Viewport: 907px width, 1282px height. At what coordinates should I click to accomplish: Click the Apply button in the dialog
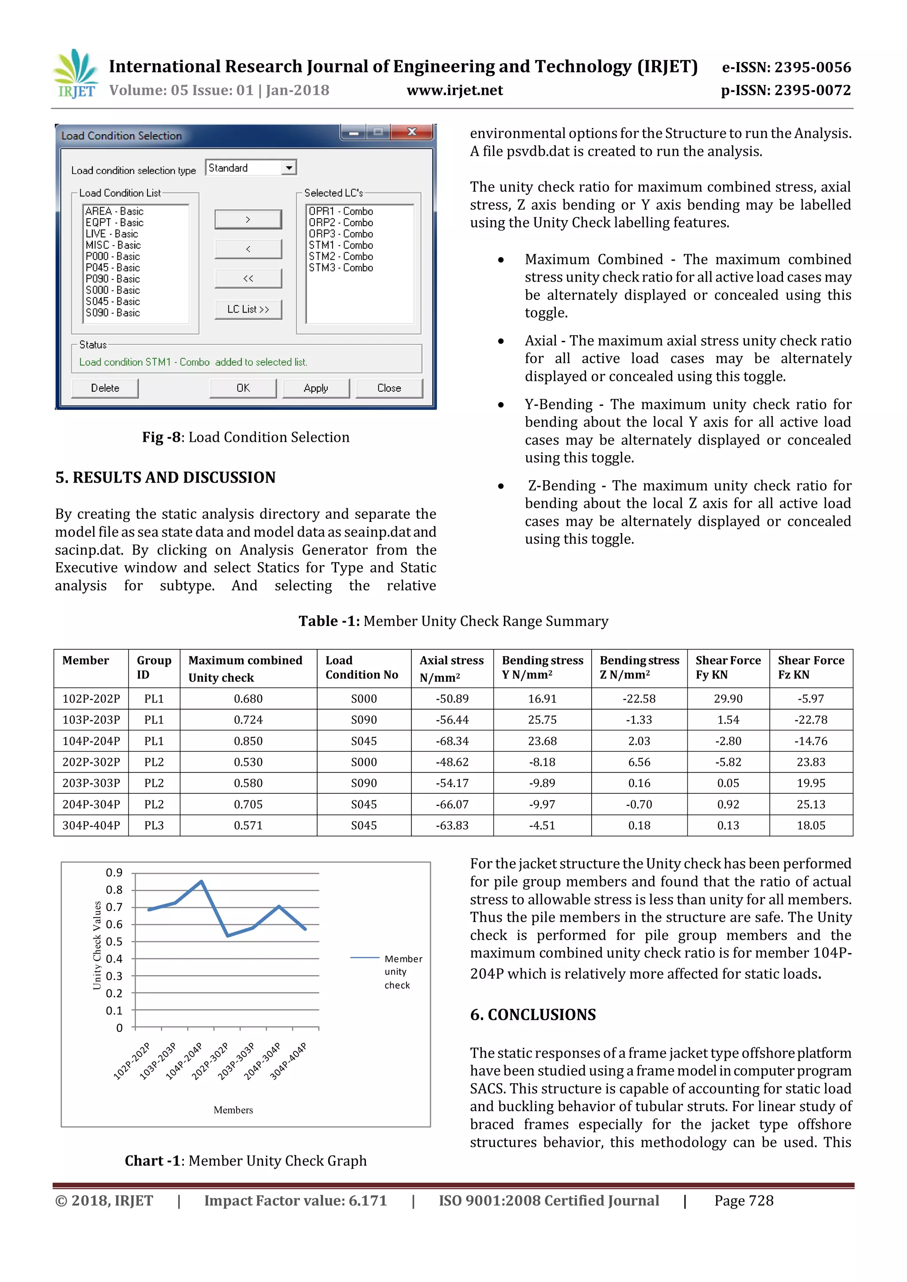click(x=316, y=388)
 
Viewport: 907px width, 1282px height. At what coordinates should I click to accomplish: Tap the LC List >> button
click(x=248, y=309)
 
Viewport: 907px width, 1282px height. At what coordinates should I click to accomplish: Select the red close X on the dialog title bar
click(x=412, y=132)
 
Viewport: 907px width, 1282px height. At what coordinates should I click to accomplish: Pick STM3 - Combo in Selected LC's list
click(x=341, y=268)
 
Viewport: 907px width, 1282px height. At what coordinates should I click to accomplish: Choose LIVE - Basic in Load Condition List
click(x=111, y=234)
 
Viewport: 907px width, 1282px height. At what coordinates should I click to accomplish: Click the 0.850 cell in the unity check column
click(x=248, y=741)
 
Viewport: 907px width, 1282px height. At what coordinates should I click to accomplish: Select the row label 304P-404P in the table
click(x=91, y=825)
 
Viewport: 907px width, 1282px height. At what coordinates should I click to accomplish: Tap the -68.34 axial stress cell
click(x=452, y=741)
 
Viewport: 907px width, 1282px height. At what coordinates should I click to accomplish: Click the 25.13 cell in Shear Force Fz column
click(x=810, y=804)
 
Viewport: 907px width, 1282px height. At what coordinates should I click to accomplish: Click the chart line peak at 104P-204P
click(x=202, y=882)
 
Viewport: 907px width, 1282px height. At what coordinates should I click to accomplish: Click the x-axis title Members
click(x=233, y=1110)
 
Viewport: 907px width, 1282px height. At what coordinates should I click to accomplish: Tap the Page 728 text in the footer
click(x=744, y=1201)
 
